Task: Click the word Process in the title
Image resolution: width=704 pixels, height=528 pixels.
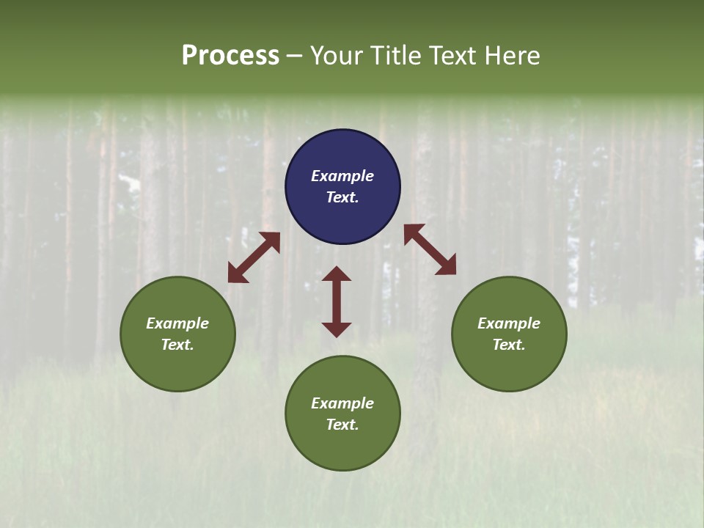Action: pyautogui.click(x=230, y=56)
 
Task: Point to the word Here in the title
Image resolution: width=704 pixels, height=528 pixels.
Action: pyautogui.click(x=515, y=56)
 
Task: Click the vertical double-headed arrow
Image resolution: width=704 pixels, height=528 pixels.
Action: pyautogui.click(x=337, y=301)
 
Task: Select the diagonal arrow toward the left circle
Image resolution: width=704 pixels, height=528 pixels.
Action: pyautogui.click(x=254, y=257)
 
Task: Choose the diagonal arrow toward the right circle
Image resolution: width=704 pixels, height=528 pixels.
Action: pyautogui.click(x=430, y=249)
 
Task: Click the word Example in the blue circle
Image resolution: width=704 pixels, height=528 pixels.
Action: pyautogui.click(x=342, y=176)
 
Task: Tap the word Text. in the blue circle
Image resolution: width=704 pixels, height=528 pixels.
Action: pyautogui.click(x=342, y=197)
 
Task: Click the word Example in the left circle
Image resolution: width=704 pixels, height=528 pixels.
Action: pyautogui.click(x=177, y=323)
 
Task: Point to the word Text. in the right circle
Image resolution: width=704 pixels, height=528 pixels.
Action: pyautogui.click(x=509, y=345)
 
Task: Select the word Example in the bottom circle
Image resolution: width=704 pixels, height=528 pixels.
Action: pyautogui.click(x=342, y=403)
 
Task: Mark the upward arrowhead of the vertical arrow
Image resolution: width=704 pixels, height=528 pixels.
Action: pyautogui.click(x=337, y=274)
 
